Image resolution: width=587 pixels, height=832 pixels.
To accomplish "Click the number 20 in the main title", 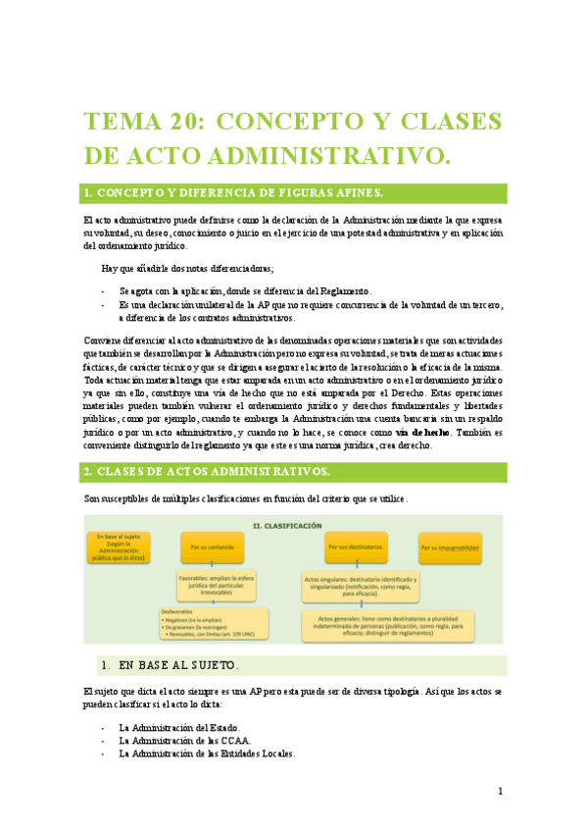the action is pos(175,121).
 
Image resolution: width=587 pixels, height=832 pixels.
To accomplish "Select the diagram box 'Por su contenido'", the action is pos(212,546).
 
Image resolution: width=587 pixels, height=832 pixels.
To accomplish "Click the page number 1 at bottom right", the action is pos(500,791).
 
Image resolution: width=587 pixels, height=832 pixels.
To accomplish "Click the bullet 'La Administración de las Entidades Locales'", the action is pos(207,754).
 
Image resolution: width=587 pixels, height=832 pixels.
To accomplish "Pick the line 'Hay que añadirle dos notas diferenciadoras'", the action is pos(188,269).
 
